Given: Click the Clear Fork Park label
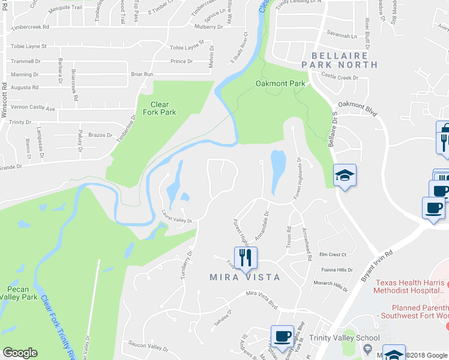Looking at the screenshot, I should (159, 107).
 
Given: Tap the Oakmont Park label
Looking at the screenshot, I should (280, 83).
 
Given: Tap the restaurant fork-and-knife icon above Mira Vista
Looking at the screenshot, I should (246, 257).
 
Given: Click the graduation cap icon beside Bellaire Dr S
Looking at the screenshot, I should (345, 175).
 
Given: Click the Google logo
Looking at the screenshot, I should (20, 353).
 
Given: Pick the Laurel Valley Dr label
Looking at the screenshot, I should (176, 217).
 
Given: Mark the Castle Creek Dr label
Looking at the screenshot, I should (339, 77).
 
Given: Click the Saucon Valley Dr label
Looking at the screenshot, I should (149, 346).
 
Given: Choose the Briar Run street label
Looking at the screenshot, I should (142, 74).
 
